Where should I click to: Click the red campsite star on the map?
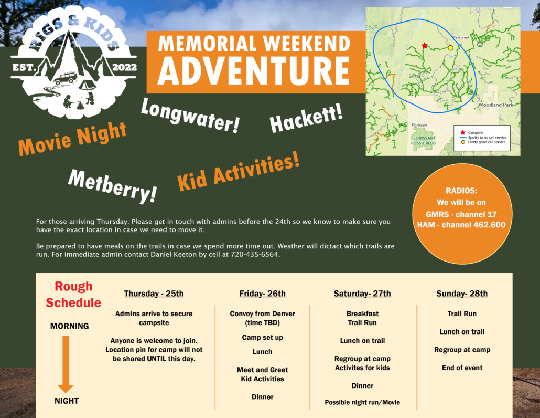click(x=425, y=46)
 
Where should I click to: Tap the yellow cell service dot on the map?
click(x=450, y=48)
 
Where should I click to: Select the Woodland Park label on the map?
click(x=495, y=104)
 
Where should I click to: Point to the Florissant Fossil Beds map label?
click(x=423, y=140)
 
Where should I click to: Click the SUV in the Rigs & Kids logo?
click(x=64, y=78)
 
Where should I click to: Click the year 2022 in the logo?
click(x=124, y=67)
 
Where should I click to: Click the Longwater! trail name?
click(x=190, y=116)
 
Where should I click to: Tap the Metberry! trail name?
click(x=113, y=186)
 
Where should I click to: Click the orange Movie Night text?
click(x=72, y=139)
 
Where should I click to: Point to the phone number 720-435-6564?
click(x=254, y=255)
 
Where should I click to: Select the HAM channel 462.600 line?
click(x=461, y=225)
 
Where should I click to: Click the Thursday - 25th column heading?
click(x=154, y=294)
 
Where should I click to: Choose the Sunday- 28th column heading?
click(x=462, y=294)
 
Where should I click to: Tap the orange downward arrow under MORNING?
click(x=66, y=364)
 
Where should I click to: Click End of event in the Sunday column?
click(x=462, y=368)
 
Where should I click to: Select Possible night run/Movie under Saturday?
click(x=362, y=402)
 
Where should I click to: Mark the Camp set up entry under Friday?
click(x=263, y=337)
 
